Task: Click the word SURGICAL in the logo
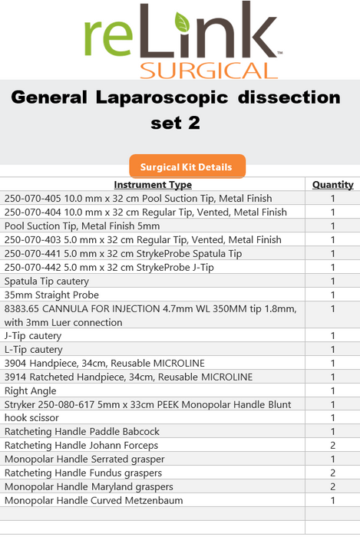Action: (208, 70)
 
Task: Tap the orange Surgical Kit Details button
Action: (187, 166)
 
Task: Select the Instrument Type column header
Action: (153, 185)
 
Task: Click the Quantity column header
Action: (332, 185)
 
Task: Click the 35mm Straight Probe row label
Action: (51, 295)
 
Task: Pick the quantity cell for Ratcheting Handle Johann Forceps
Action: (332, 446)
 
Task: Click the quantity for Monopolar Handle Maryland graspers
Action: (332, 487)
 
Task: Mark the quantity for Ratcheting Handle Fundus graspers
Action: (332, 473)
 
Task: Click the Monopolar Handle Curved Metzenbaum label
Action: (94, 501)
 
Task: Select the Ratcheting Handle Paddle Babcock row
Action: (82, 432)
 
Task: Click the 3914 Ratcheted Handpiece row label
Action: (128, 377)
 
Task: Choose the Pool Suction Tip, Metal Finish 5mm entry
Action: (82, 226)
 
